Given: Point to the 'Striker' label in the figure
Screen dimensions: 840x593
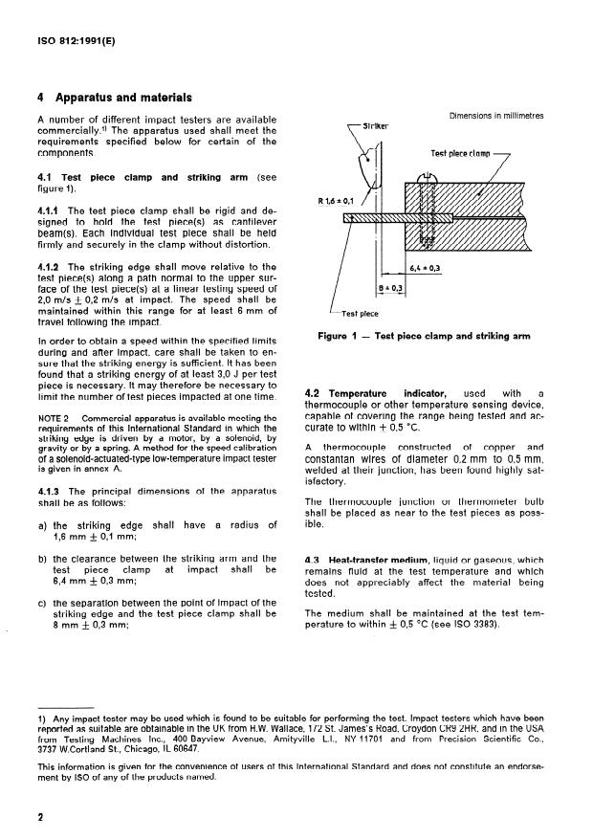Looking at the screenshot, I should coord(362,125).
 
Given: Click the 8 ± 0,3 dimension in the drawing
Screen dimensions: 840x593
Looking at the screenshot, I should coord(392,287).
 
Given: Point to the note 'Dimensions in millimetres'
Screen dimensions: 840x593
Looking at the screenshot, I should coord(494,115).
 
